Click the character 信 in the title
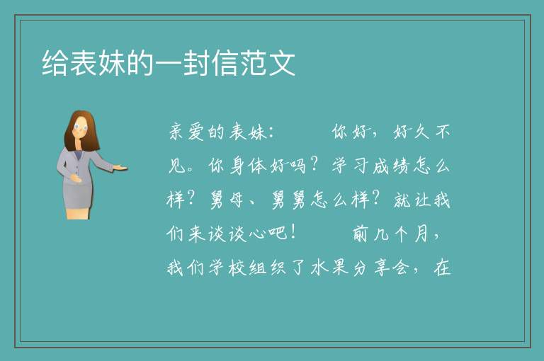(225, 63)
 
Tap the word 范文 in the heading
(268, 63)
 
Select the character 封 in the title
(197, 63)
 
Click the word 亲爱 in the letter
(187, 132)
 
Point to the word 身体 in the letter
(248, 166)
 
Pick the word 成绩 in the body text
(391, 166)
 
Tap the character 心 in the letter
(258, 234)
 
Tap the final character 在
(442, 268)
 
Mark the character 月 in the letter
(421, 234)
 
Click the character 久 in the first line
(422, 132)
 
